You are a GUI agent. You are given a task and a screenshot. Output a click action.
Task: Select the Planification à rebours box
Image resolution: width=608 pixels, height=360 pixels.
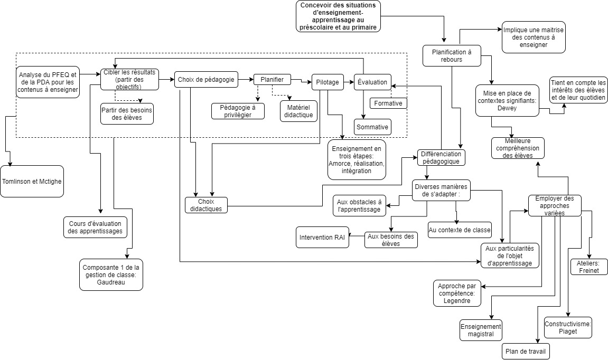(452, 55)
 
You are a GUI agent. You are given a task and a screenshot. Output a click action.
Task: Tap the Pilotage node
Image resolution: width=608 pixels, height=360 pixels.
(327, 82)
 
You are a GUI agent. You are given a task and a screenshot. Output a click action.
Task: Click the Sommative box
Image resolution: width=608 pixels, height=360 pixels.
(372, 127)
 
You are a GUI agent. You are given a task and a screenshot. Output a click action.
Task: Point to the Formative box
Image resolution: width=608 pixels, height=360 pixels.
(388, 103)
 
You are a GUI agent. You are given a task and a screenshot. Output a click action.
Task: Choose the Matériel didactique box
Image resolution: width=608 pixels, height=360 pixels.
(298, 110)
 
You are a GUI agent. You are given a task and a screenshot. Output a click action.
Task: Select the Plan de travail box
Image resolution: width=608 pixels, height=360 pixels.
(525, 352)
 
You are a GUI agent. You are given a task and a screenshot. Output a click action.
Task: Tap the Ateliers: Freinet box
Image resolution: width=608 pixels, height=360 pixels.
(588, 267)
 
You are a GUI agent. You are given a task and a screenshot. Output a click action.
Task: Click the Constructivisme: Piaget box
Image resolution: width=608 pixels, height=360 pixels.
(568, 327)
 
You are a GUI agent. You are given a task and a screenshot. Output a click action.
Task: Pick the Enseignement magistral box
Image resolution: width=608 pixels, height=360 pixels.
(480, 330)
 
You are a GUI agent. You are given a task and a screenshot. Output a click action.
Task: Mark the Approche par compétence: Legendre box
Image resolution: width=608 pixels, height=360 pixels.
(457, 293)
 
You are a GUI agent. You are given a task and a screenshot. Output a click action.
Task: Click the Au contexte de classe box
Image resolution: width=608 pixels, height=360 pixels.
(460, 230)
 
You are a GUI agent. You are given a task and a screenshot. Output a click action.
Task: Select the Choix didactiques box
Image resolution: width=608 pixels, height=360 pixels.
(206, 205)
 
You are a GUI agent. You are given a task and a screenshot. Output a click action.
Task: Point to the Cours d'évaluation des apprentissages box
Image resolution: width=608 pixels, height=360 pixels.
(95, 226)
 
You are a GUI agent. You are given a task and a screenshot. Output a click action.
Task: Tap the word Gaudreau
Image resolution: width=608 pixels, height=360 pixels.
(111, 282)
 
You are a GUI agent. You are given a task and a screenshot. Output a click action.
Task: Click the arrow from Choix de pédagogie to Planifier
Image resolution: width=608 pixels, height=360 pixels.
(246, 80)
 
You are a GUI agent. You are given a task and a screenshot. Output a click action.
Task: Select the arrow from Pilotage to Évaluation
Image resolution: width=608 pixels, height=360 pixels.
(349, 82)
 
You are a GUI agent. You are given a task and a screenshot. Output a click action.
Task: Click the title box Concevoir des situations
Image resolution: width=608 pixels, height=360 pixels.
(338, 16)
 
